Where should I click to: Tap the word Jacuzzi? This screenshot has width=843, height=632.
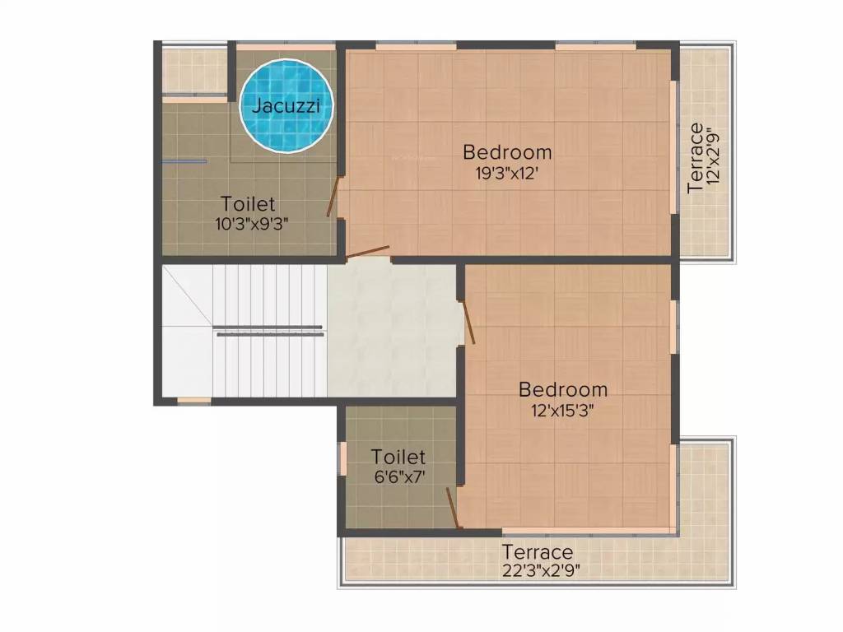pos(286,105)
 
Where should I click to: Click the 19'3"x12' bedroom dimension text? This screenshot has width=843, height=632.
pos(506,173)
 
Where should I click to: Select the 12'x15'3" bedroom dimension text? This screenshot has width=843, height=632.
pos(563,410)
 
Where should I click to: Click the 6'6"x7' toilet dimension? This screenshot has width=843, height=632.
pos(398,476)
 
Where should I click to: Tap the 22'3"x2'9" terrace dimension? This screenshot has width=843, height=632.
pos(538,570)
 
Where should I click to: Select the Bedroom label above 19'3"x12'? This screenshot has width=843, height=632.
pos(507,152)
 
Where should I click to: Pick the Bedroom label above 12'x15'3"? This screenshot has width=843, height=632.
pos(563,389)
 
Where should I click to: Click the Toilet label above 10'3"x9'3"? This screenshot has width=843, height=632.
pos(248,203)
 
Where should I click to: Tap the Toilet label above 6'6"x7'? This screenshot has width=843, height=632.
pos(398,457)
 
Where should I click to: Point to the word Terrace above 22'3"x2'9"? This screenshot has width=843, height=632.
pos(538,551)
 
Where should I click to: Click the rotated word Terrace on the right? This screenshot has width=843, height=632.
pos(696,158)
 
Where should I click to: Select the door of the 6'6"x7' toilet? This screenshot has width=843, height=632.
pos(452,506)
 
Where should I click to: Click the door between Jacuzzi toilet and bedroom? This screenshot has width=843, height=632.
pos(333,197)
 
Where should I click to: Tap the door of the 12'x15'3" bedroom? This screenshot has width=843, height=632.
pos(468,322)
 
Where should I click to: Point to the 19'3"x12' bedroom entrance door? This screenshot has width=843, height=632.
pos(367,252)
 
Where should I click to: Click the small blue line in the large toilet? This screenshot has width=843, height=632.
pos(184,162)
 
